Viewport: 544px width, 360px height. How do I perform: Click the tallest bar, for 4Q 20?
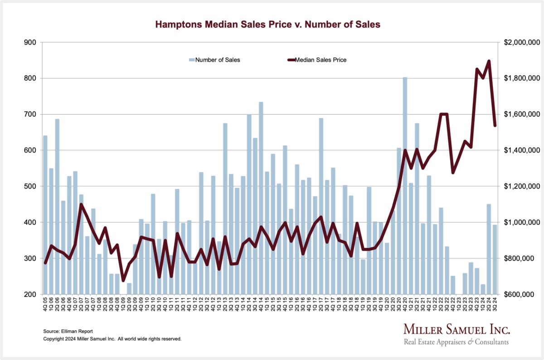[405, 186]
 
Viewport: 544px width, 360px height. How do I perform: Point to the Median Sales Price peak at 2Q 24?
[489, 61]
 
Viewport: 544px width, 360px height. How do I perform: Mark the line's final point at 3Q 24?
[495, 126]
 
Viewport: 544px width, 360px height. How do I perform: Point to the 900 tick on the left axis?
[31, 43]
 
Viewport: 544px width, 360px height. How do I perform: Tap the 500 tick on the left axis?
[31, 186]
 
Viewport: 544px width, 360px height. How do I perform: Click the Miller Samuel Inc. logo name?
[457, 329]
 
